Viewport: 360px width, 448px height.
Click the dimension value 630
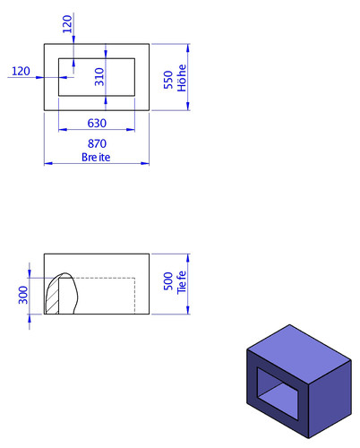[97, 123]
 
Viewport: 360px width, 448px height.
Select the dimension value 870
[97, 143]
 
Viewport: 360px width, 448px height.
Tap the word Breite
[96, 157]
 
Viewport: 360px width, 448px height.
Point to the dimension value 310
[99, 77]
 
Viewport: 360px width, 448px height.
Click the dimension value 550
[168, 80]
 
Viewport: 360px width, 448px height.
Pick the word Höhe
[182, 78]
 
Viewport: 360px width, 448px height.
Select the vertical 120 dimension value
[67, 24]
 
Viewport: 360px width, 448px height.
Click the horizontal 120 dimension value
[21, 71]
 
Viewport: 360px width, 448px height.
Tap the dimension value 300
[23, 295]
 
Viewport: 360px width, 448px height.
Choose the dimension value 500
[168, 281]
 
